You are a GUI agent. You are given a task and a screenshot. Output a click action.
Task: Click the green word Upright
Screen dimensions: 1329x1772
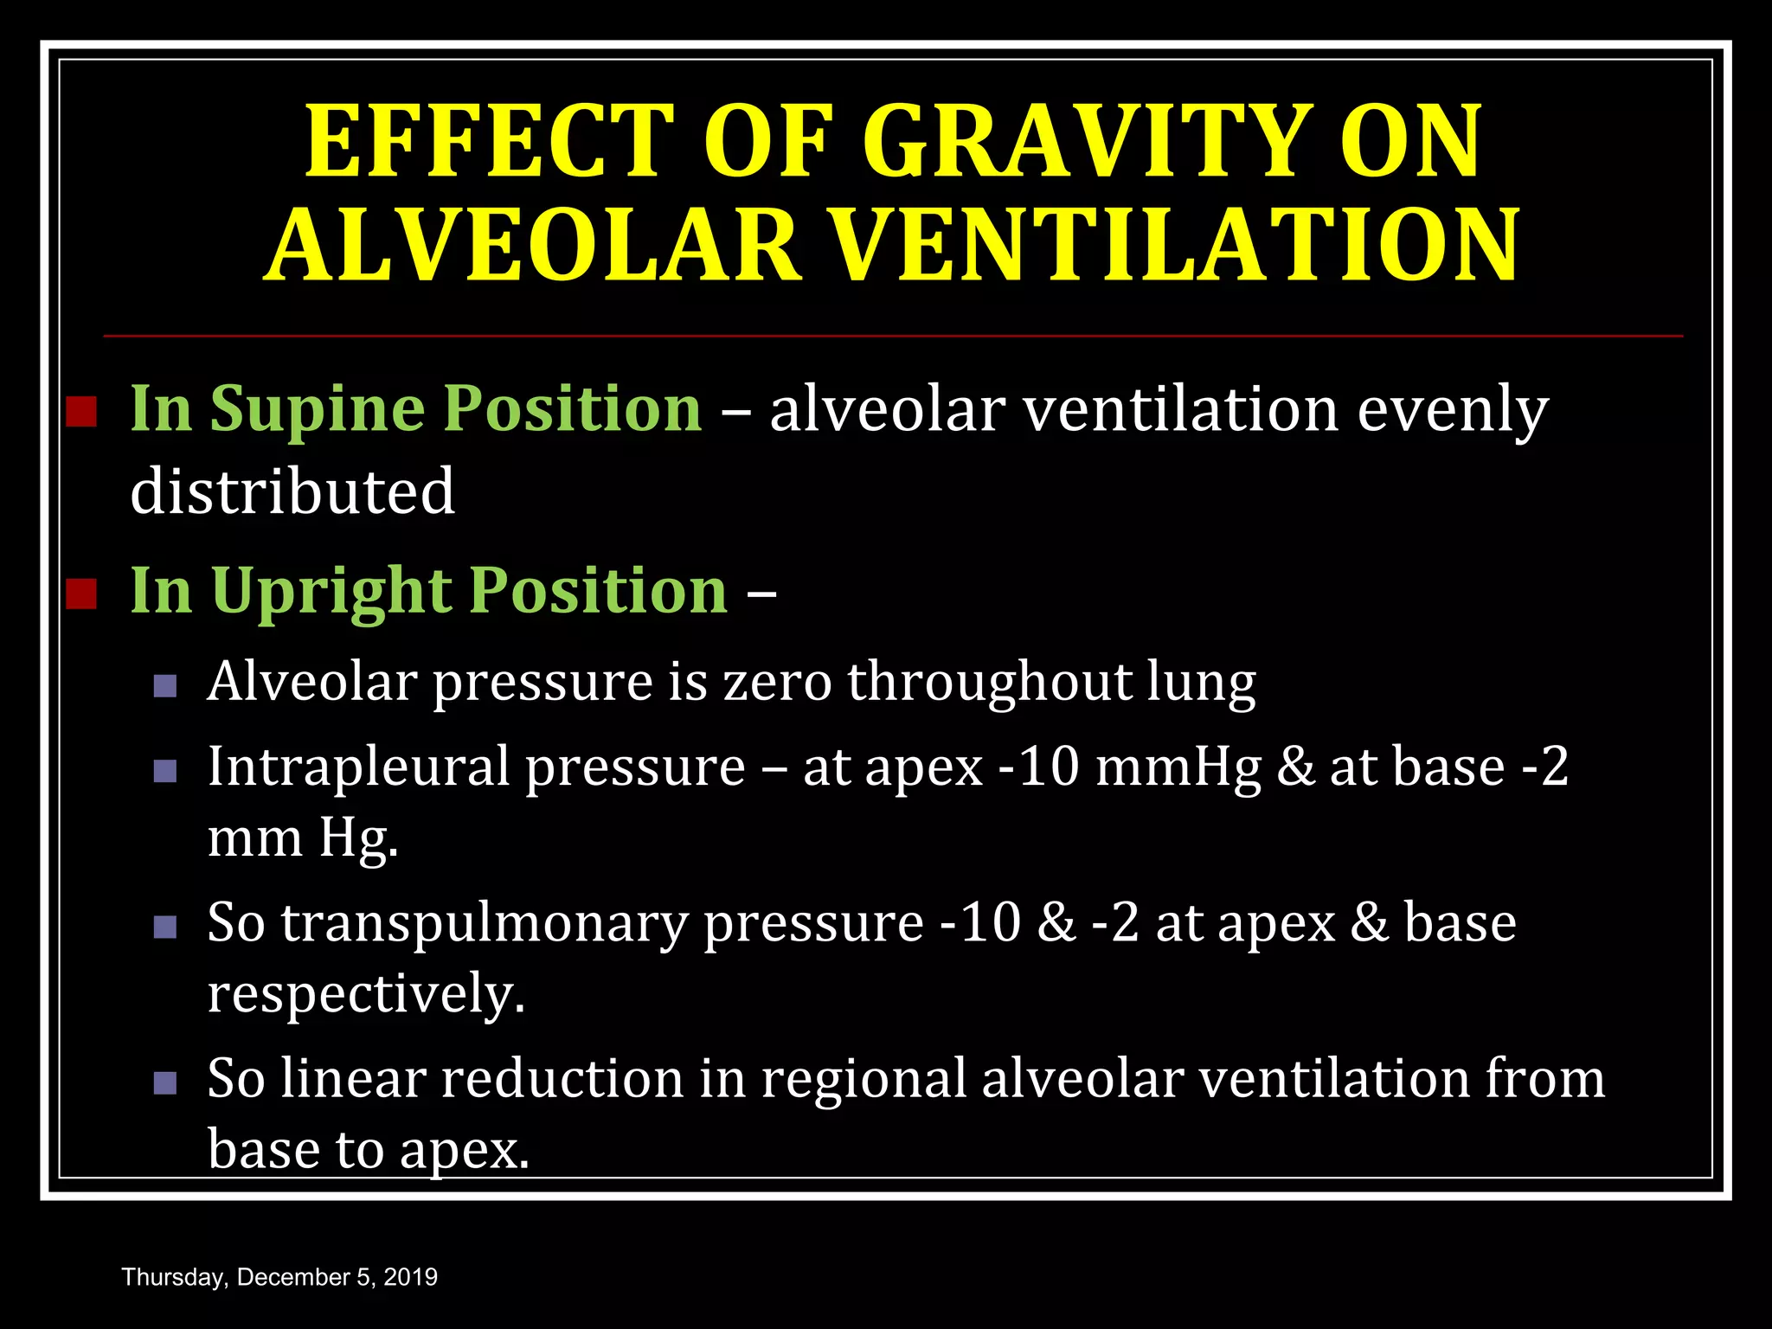click(331, 592)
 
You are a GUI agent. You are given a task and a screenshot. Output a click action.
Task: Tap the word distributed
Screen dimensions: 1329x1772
click(292, 491)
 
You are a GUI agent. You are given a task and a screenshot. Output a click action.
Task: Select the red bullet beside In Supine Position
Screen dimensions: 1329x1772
click(81, 412)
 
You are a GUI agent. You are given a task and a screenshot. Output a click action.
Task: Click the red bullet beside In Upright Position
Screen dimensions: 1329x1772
click(81, 594)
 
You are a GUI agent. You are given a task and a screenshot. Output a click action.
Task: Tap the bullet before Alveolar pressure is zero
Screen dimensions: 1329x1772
click(165, 687)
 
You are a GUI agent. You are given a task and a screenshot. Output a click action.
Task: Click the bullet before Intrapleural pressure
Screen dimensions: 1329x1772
click(165, 771)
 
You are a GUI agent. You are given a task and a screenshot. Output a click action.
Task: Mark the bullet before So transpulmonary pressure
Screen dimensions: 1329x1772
click(165, 928)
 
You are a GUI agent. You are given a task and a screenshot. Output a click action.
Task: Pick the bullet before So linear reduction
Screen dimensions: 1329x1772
click(165, 1082)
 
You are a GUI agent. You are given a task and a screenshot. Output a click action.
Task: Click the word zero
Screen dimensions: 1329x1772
click(775, 682)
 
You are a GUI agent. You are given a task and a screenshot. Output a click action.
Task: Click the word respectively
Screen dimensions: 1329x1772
click(366, 993)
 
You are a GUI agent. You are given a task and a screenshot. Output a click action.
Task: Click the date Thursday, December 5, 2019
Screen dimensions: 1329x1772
click(280, 1277)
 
